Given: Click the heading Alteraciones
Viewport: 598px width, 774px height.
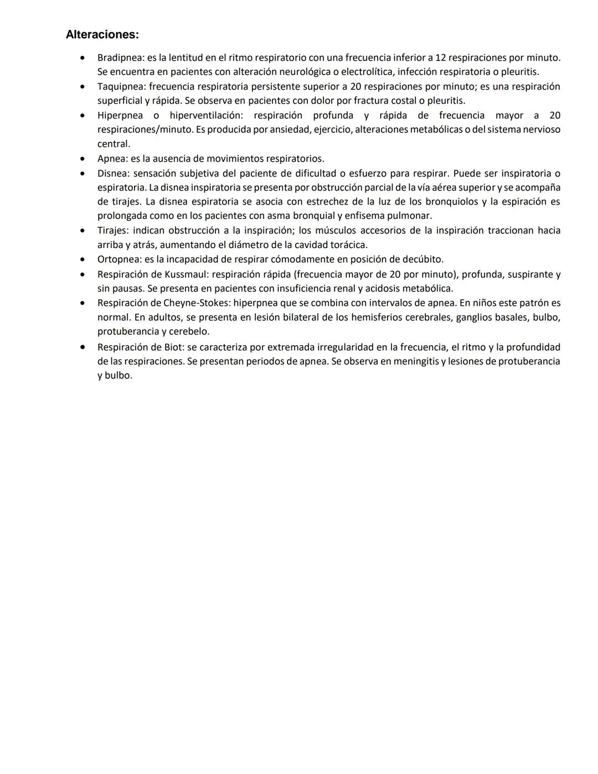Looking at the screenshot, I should click(102, 35).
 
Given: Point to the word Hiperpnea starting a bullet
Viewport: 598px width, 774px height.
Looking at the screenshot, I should click(120, 115).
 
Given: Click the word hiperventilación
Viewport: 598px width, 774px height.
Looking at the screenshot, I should click(206, 115).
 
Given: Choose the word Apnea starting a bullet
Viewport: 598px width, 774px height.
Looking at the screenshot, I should click(111, 158).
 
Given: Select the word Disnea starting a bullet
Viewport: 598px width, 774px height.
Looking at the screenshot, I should click(112, 173).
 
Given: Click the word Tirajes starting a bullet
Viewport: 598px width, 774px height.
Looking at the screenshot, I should click(113, 230).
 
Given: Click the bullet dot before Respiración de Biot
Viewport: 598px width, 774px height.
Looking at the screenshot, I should click(83, 347).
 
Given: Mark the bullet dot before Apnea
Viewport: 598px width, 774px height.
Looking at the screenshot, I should click(83, 158).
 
